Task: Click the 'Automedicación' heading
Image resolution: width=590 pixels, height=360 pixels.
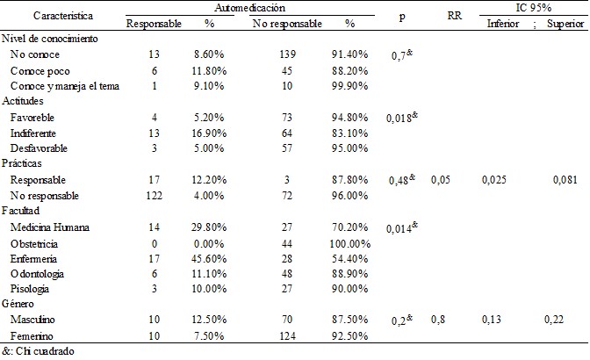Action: pos(262,7)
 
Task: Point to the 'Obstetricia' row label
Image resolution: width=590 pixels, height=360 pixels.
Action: pos(38,242)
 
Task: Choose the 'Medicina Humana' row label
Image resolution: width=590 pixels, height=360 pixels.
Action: pos(49,227)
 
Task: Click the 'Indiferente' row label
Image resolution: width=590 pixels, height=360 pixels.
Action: pos(35,133)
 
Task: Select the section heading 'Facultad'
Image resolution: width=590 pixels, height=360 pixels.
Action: pos(22,212)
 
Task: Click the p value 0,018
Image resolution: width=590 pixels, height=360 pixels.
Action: pos(399,118)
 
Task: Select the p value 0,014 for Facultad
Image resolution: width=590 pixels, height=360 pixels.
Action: pos(399,227)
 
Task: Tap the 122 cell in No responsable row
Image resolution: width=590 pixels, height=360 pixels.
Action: pos(154,196)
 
